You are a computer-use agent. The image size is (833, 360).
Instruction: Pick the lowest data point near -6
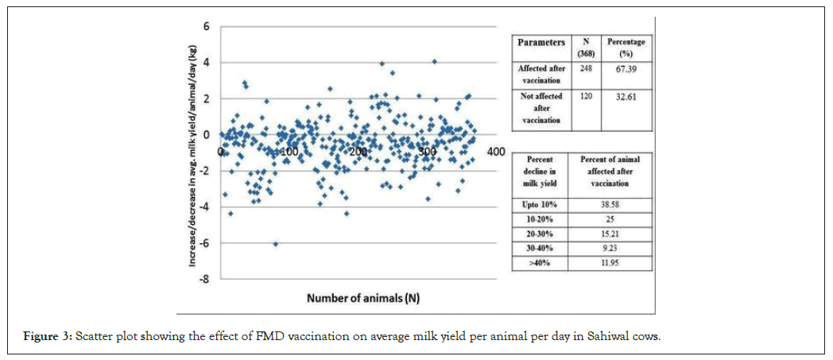tap(276, 244)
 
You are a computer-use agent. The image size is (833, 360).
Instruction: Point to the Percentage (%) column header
tap(625, 47)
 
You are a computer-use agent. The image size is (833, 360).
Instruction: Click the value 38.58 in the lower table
tap(610, 206)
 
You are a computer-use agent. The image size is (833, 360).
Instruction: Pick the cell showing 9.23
tap(610, 248)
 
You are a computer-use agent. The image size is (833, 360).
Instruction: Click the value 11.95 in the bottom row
tap(610, 262)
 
